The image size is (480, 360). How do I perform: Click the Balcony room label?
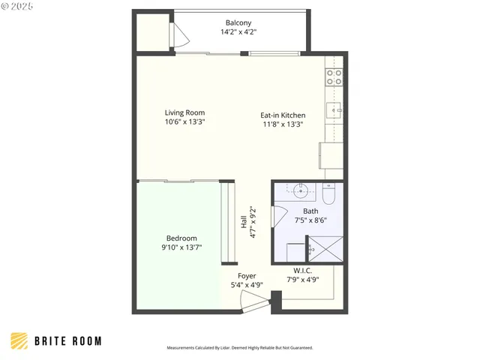point(238,22)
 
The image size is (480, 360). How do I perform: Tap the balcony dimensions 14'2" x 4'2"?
point(238,32)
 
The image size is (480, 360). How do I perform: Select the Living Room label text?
point(185,112)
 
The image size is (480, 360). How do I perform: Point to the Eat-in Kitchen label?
point(281,115)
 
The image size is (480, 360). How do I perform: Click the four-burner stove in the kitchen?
point(334,76)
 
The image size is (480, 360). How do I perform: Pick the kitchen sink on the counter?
point(334,112)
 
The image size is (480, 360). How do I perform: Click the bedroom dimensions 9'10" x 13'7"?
point(181,247)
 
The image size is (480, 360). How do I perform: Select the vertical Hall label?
point(244,223)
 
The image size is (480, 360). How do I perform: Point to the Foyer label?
point(246,275)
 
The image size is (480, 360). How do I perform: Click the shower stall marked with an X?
point(326,248)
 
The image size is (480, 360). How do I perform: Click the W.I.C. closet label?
point(303,270)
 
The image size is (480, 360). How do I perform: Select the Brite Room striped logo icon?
point(20,341)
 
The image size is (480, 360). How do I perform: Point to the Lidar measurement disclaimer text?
point(239,348)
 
